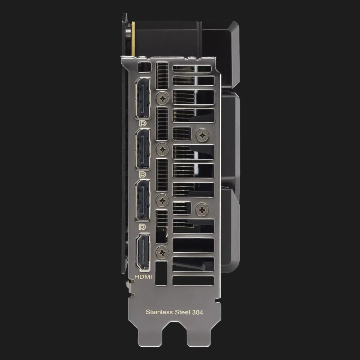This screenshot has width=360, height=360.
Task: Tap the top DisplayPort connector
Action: pyautogui.click(x=143, y=98)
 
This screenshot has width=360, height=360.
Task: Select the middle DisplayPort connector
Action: pyautogui.click(x=143, y=149)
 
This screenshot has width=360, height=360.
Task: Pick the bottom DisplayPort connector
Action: pyautogui.click(x=143, y=201)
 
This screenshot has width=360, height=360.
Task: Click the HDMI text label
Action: pyautogui.click(x=143, y=277)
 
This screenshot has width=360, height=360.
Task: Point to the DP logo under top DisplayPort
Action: pyautogui.click(x=143, y=123)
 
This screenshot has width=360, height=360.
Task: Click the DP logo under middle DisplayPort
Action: pyautogui.click(x=143, y=175)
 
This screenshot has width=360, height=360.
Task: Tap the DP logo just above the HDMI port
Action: pyautogui.click(x=143, y=227)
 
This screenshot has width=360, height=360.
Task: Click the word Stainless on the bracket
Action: pyautogui.click(x=159, y=312)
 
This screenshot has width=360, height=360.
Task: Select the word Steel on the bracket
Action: pyautogui.click(x=183, y=312)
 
